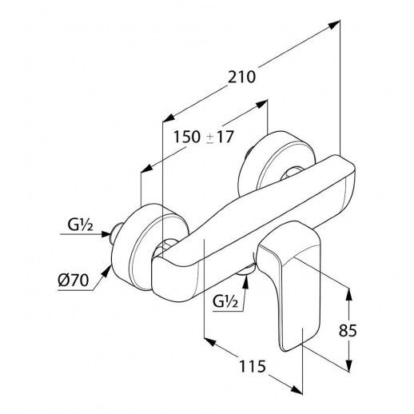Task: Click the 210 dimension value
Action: click(x=241, y=78)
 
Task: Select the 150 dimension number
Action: click(x=187, y=137)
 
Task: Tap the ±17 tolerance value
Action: click(x=221, y=137)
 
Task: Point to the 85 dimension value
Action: click(x=348, y=331)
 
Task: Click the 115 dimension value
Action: click(x=253, y=366)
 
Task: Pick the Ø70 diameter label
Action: click(x=73, y=281)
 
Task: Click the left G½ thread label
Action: click(x=80, y=225)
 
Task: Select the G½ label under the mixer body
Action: click(x=225, y=302)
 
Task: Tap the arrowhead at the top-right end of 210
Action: click(x=334, y=25)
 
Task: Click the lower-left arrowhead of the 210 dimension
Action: click(x=169, y=118)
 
